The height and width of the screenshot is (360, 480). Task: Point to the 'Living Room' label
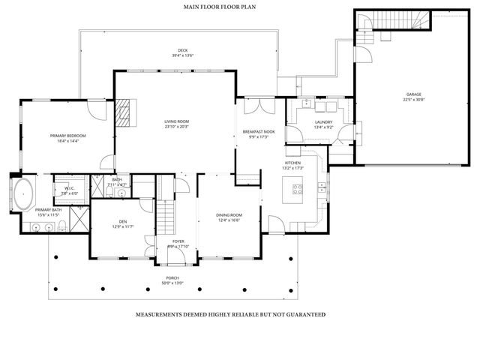(x=177, y=121)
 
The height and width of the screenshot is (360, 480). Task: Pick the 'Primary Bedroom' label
(x=68, y=136)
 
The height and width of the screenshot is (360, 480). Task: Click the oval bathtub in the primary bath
(x=22, y=193)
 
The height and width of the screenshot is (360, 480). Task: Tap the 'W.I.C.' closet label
(x=69, y=188)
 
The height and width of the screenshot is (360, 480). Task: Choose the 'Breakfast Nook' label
(x=258, y=132)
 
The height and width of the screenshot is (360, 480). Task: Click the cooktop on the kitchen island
(x=292, y=191)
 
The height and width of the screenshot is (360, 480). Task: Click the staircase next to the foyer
(x=165, y=218)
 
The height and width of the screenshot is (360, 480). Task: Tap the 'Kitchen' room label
(x=293, y=163)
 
